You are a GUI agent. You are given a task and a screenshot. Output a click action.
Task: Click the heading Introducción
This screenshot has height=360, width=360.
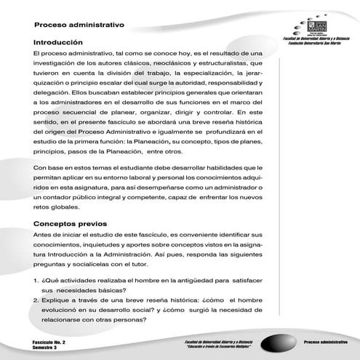tap(63, 43)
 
